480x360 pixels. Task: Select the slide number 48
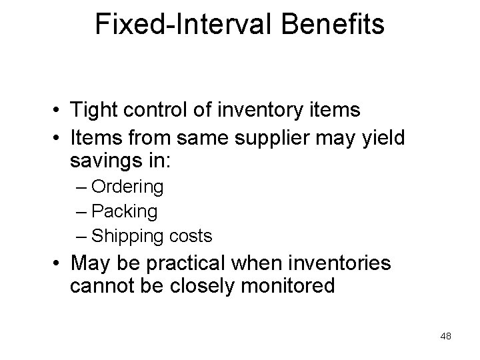pos(446,337)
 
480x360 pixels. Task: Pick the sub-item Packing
pos(125,212)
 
